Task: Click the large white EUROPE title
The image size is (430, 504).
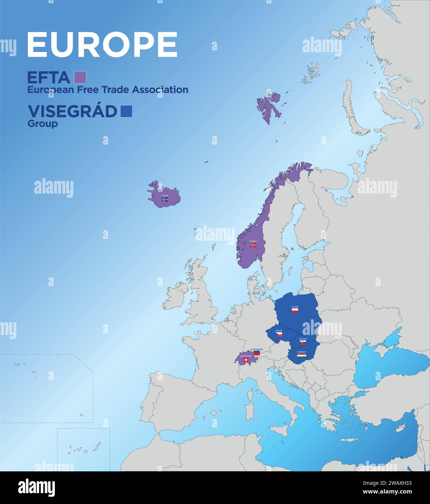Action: coord(102,45)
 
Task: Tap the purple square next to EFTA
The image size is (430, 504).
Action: coord(80,77)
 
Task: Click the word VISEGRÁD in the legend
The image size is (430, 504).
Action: coord(72,111)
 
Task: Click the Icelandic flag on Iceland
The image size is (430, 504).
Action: coord(165,199)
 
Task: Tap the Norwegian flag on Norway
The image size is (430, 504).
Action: coord(253,245)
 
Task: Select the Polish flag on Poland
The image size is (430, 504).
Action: coord(295,311)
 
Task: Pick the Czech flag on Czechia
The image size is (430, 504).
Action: coord(279,334)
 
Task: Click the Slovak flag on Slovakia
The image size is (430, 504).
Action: coord(303,342)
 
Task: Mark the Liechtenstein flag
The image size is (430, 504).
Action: coord(256,353)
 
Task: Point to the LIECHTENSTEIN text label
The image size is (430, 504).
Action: coord(256,350)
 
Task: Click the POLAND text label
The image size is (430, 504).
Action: coord(295,307)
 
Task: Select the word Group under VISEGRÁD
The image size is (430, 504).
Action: coord(42,124)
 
